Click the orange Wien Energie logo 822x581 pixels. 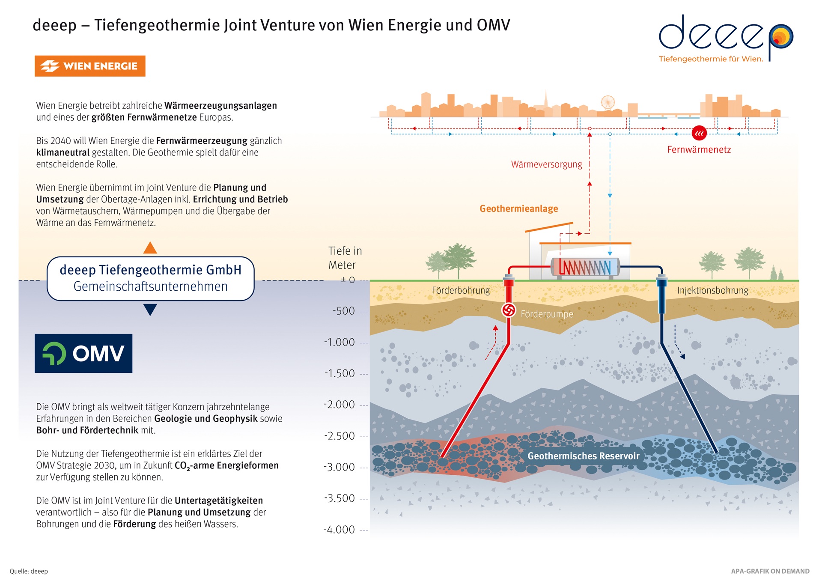click(x=90, y=66)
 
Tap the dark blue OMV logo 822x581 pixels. click(x=83, y=353)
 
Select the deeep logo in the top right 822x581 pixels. click(x=726, y=39)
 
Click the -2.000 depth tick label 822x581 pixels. click(x=340, y=405)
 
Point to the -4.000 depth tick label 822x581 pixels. click(x=340, y=530)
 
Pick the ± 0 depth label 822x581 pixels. click(x=348, y=280)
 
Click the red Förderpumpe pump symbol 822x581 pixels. click(x=509, y=310)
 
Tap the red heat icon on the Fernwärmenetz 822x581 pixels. click(x=699, y=133)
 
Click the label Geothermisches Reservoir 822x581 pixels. click(x=583, y=456)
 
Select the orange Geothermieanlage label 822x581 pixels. click(x=519, y=209)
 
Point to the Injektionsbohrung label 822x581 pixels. click(x=713, y=290)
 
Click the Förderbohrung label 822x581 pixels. click(x=461, y=290)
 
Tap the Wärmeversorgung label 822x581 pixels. click(x=547, y=164)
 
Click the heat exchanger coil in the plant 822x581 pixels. click(x=585, y=267)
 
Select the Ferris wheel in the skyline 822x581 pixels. click(x=608, y=103)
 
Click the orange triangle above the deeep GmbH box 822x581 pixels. click(x=150, y=248)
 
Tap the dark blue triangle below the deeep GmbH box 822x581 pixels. click(x=150, y=310)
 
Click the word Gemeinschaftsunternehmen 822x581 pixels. click(x=151, y=286)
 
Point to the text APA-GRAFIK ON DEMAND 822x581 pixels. click(x=770, y=571)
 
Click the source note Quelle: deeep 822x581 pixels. click(x=29, y=571)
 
